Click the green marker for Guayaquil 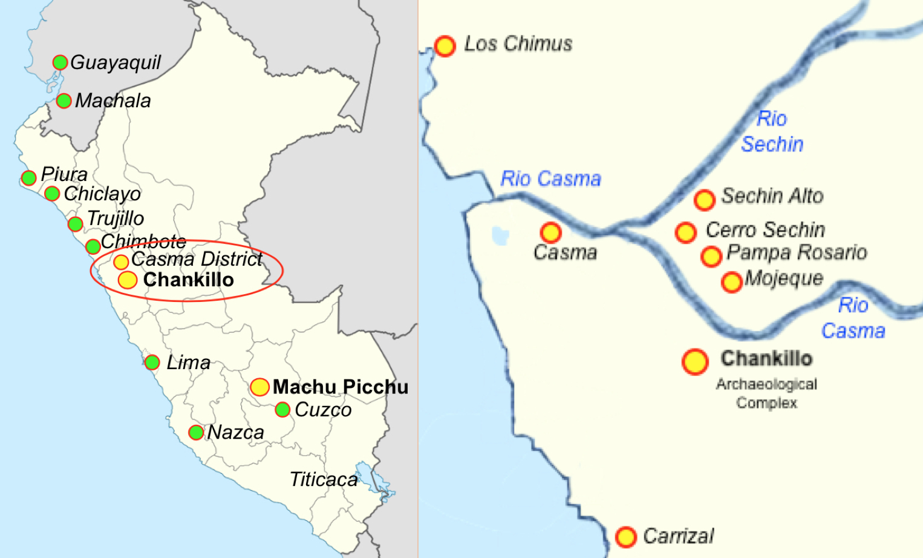(60, 62)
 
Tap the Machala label (113, 100)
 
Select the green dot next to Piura (28, 178)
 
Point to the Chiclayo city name (102, 194)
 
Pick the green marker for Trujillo (75, 224)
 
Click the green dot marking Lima (152, 363)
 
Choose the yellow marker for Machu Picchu (259, 387)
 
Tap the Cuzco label (323, 410)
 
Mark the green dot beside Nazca (195, 432)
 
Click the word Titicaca (324, 479)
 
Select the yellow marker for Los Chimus (445, 46)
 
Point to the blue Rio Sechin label (772, 131)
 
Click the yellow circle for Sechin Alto (704, 199)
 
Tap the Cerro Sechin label (765, 230)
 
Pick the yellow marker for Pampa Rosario (711, 256)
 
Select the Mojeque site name (784, 278)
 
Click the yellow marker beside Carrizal (626, 536)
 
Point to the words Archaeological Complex (766, 393)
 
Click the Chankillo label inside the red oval (188, 280)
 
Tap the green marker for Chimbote (93, 246)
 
